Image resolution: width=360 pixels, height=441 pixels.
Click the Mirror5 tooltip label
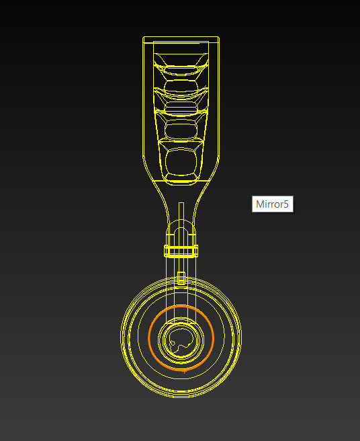tap(273, 204)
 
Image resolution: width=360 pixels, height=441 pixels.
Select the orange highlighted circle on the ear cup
tap(214, 336)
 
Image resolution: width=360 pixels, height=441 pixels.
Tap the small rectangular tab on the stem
tap(181, 276)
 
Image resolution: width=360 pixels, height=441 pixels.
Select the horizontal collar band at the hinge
tap(181, 251)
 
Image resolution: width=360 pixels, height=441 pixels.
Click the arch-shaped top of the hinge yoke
tap(181, 229)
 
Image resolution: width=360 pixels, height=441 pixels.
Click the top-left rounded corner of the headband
tap(146, 39)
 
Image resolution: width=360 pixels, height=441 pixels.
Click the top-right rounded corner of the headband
tap(216, 39)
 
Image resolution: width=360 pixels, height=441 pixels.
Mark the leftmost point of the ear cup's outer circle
tap(121, 336)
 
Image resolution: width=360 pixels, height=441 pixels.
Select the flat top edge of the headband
tap(181, 36)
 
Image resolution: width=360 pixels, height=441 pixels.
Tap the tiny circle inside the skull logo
tap(173, 344)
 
